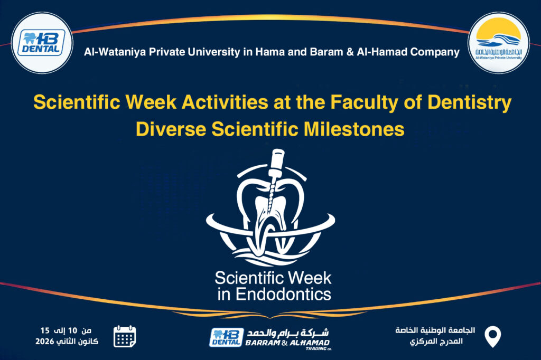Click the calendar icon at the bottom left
pyautogui.click(x=125, y=336)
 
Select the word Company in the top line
pyautogui.click(x=437, y=52)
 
